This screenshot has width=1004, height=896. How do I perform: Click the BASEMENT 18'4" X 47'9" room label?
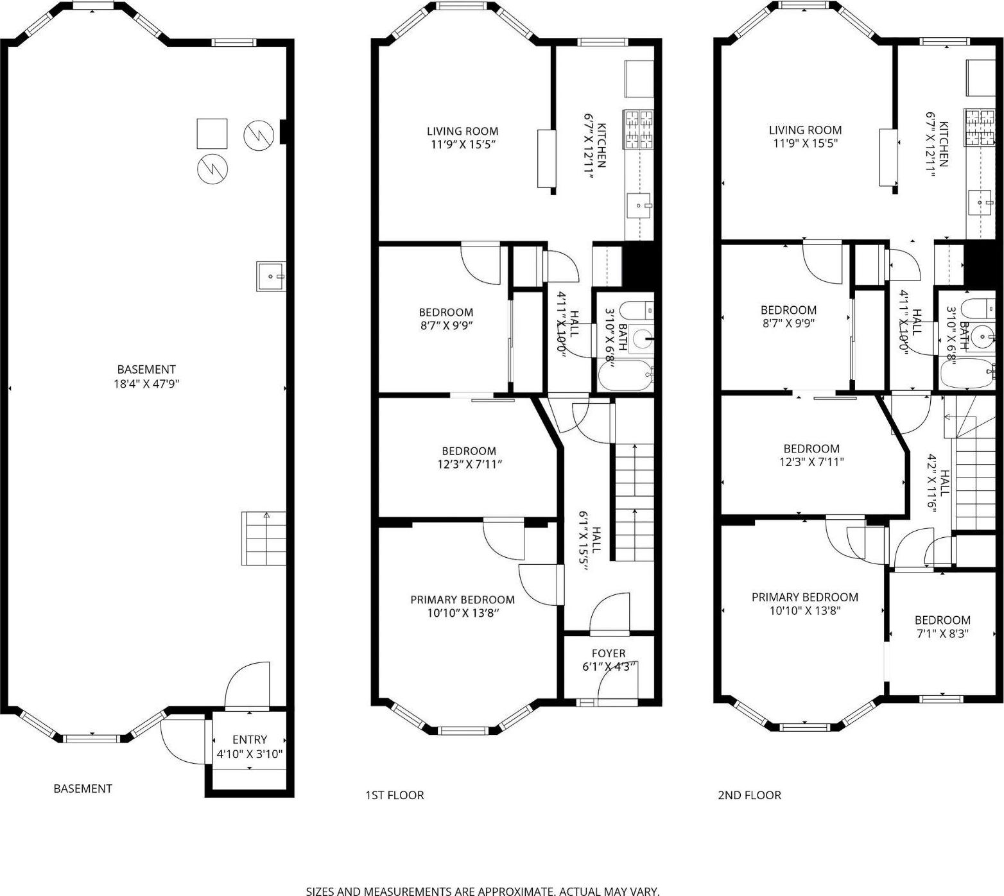146,377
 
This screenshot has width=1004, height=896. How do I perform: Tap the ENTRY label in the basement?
250,739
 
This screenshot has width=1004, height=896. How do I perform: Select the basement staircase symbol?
264,538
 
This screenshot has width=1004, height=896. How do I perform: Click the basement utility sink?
271,277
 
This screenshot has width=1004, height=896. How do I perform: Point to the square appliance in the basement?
212,134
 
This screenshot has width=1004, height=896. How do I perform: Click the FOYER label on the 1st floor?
609,653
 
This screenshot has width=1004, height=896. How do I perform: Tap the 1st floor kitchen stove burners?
638,130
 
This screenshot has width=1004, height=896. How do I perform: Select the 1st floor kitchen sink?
639,205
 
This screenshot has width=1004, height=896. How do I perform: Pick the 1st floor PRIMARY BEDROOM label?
462,599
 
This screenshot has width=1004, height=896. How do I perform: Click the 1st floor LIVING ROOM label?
462,131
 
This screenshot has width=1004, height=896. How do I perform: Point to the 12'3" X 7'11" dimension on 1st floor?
469,464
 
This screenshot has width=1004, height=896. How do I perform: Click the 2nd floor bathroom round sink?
981,335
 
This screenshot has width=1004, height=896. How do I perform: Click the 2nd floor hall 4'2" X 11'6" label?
938,481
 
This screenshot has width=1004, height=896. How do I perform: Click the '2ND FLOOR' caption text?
749,795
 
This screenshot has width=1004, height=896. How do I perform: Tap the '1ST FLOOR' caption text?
394,795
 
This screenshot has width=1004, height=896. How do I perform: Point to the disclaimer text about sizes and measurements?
482,891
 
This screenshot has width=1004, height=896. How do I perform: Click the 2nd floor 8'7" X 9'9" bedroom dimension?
788,323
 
